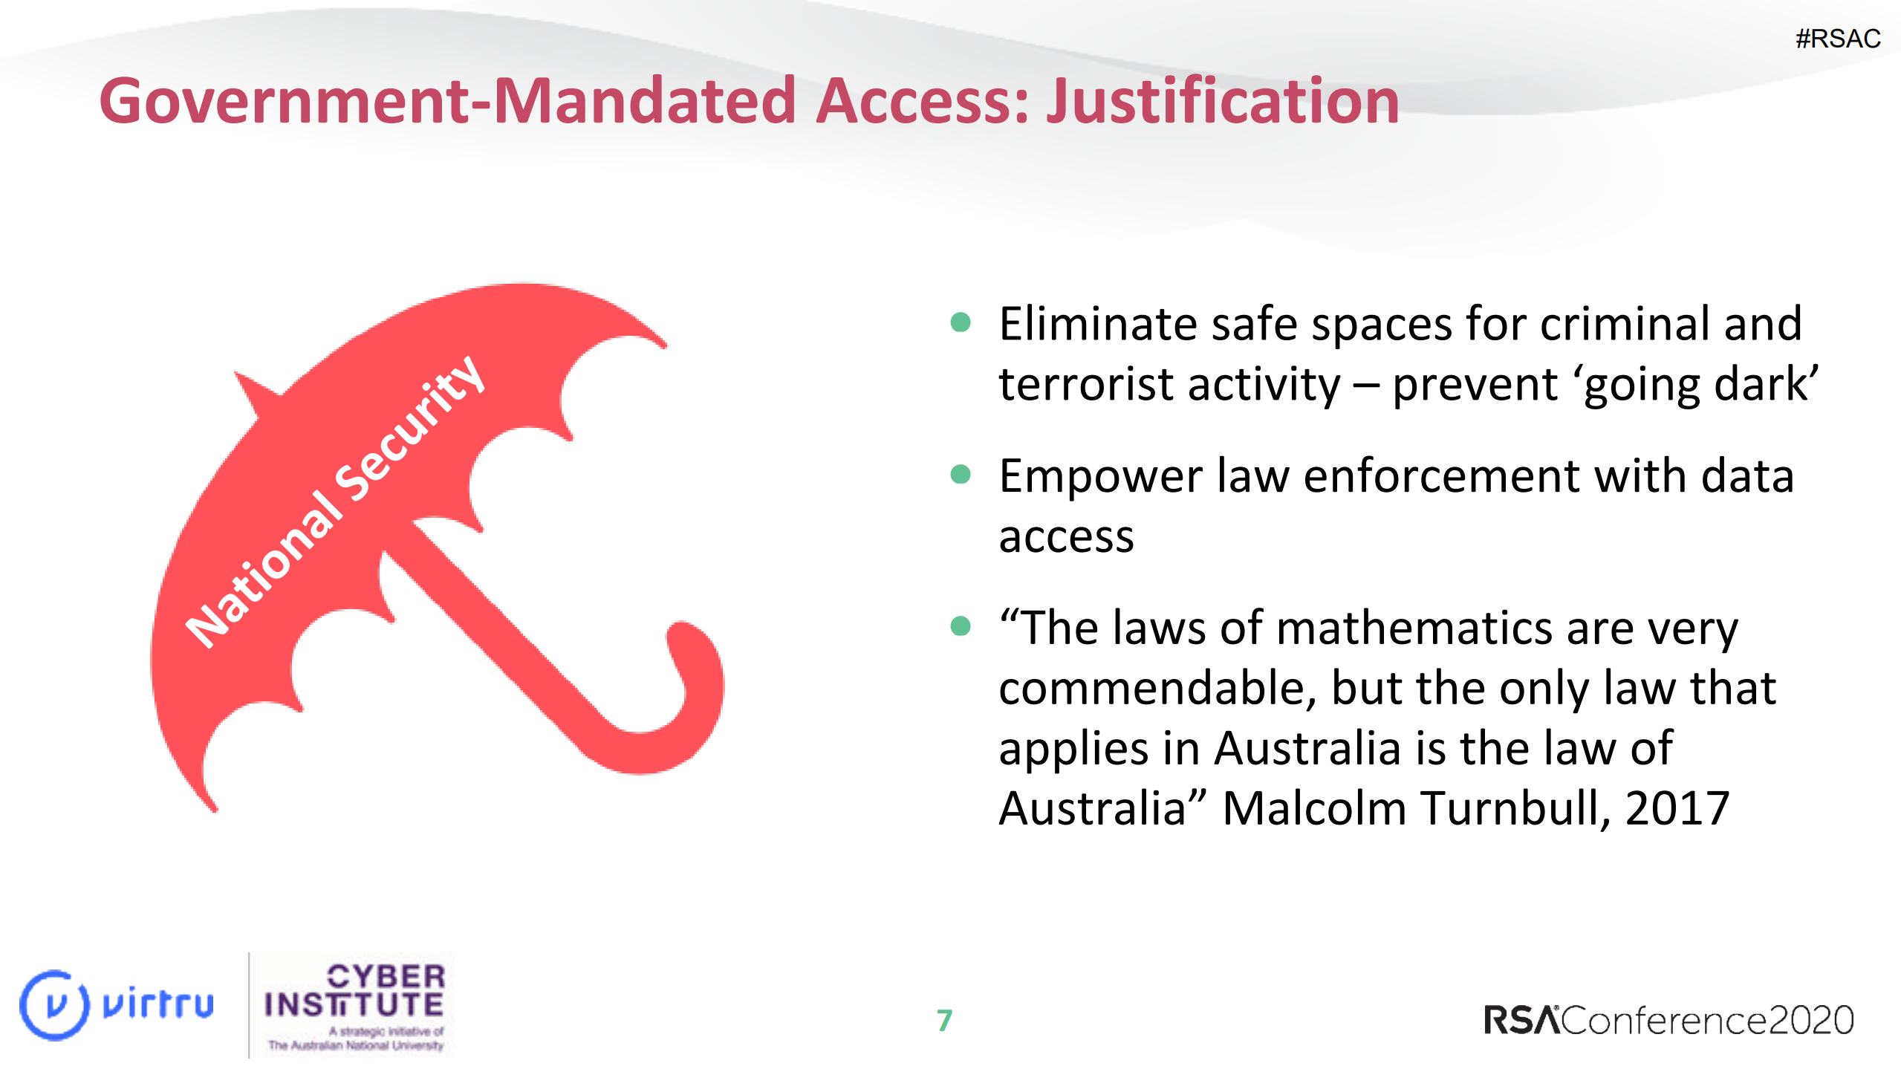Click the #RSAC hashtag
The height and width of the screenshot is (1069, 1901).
point(1837,39)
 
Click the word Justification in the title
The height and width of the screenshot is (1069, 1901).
point(1222,102)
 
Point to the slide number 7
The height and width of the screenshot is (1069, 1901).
point(944,1020)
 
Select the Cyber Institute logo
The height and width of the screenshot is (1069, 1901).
point(355,1006)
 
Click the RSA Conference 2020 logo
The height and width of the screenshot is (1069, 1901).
point(1668,1020)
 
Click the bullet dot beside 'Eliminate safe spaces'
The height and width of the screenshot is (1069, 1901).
point(961,322)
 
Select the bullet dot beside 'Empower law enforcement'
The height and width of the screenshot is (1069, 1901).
point(961,474)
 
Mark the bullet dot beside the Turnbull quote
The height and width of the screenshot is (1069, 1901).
point(961,626)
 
